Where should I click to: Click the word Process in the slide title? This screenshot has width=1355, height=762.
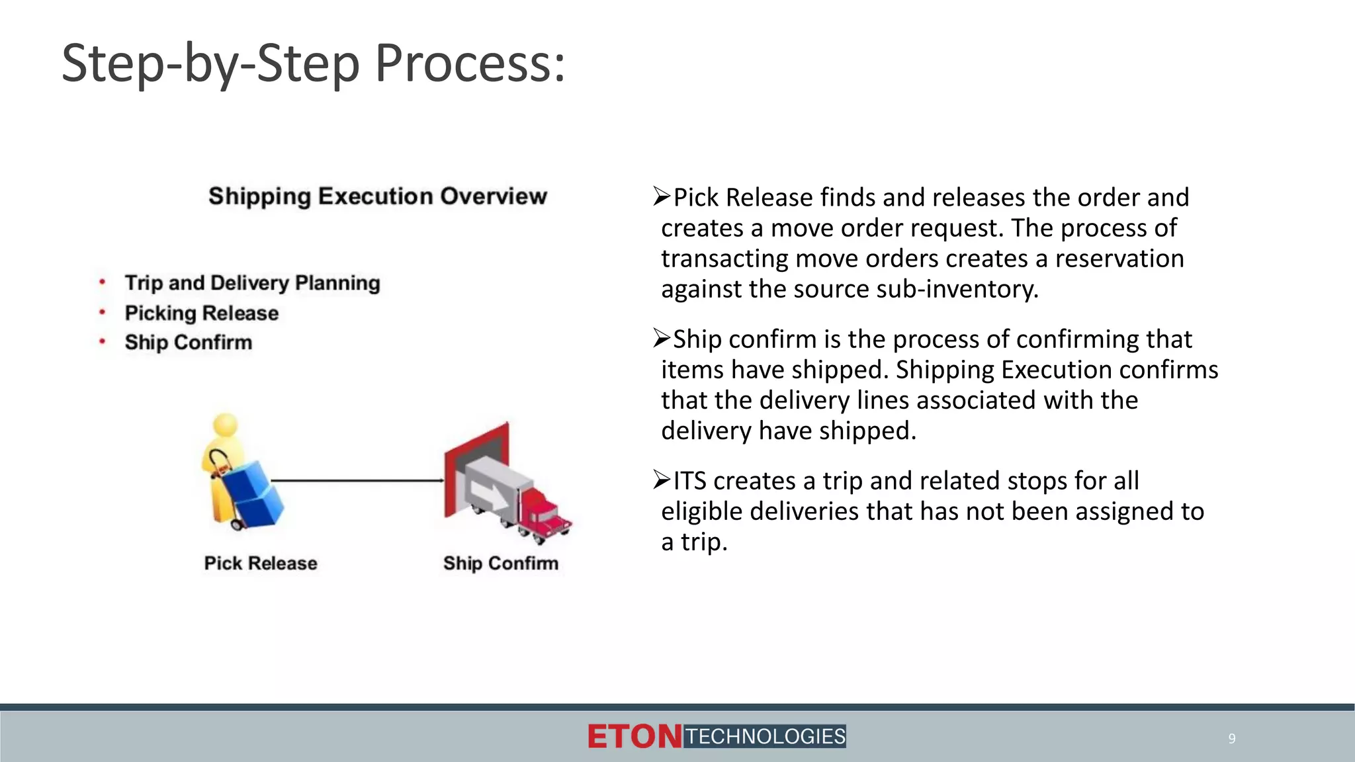point(470,64)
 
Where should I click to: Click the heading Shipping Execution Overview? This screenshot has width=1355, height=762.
point(378,196)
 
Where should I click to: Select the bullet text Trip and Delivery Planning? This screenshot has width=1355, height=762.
point(252,283)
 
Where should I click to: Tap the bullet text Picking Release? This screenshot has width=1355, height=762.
point(201,313)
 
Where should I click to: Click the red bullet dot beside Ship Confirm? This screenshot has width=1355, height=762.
point(103,341)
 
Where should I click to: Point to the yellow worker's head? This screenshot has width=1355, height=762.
point(226,425)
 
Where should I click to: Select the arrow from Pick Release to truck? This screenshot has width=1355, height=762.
point(357,480)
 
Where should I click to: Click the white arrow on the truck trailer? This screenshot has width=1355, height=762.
point(487,493)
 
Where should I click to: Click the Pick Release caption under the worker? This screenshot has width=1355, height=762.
point(261,563)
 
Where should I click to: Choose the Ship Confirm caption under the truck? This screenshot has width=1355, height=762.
point(501,563)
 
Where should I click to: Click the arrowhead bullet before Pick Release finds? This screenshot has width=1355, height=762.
point(662,196)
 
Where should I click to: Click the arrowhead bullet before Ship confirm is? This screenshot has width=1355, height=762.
point(662,338)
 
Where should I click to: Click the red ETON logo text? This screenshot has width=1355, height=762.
point(634,737)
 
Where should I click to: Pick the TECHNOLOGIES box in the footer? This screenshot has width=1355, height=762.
point(765,736)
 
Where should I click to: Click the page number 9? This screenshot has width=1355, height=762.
point(1231,738)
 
